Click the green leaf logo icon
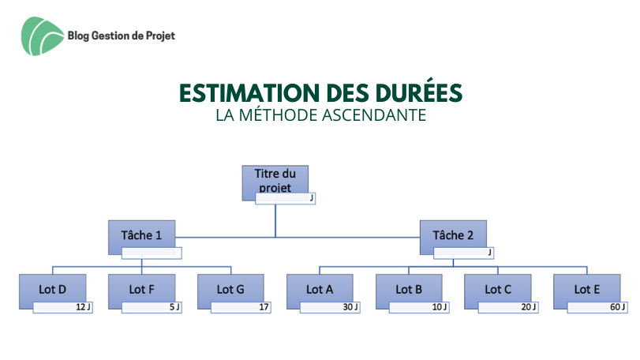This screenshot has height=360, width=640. pos(43,36)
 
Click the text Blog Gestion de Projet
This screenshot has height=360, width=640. pos(122,36)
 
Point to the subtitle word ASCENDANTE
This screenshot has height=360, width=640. pos(374,115)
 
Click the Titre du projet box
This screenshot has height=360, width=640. pos(275,183)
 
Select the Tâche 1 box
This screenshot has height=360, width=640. pos(141,238)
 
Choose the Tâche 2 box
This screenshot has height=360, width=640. pos(453,238)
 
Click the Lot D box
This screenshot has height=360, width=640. pos(52,291)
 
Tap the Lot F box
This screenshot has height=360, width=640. pos(141,291)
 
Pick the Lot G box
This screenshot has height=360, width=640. pos(230,291)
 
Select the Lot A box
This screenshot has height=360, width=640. pos(320,291)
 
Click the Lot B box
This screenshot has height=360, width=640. pos(409,291)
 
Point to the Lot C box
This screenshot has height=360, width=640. pos(498,291)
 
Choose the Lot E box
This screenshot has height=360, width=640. pos(587,291)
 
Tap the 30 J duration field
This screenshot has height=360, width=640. pos(330,307)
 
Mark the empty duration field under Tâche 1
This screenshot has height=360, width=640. pos(152,253)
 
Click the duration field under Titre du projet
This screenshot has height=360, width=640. pos(286,199)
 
